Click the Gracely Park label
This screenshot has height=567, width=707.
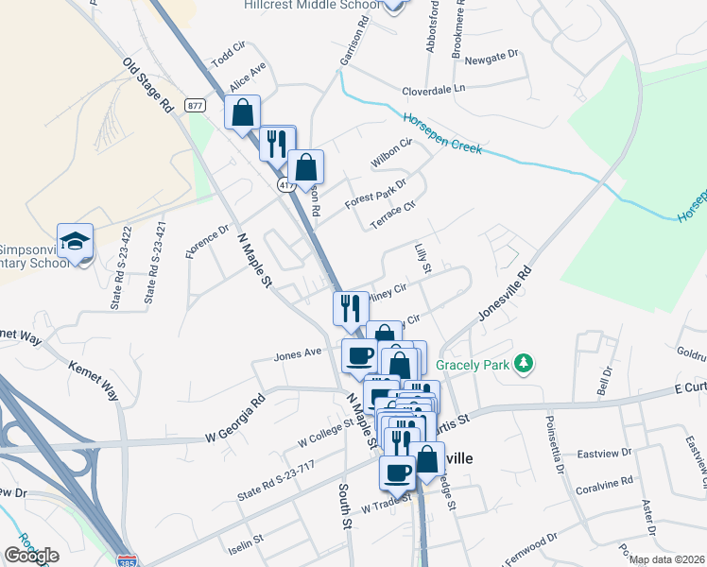point(472,365)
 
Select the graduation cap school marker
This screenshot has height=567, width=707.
point(76,241)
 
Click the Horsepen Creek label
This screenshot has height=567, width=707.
point(442,134)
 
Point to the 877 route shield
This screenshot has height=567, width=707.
point(196,105)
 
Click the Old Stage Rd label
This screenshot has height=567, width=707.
point(147,85)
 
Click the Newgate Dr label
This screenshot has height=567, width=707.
point(494,58)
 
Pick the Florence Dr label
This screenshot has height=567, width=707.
point(207,242)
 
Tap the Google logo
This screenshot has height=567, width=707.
point(31,556)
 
